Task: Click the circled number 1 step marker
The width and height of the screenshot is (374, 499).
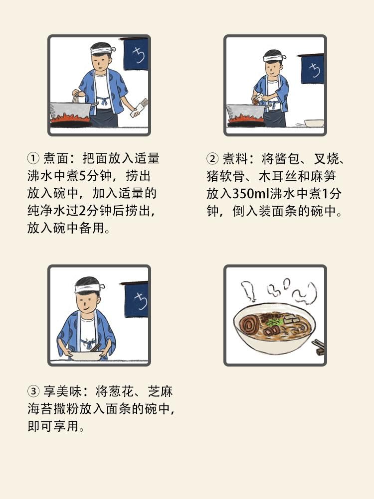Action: [x=33, y=158]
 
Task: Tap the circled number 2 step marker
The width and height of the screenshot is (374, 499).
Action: [x=212, y=158]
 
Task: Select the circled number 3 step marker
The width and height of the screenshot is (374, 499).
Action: [x=33, y=391]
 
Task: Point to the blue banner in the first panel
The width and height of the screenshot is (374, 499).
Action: [x=136, y=54]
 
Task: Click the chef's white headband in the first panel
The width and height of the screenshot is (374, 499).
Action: [x=102, y=50]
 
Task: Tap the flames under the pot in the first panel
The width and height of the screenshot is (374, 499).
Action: [x=71, y=118]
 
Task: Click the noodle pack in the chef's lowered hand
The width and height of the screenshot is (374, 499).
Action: [x=139, y=108]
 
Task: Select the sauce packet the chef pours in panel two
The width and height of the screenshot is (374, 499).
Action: [x=258, y=99]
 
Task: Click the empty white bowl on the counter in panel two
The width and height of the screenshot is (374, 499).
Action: [x=314, y=123]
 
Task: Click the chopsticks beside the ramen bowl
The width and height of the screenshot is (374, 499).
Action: [x=318, y=347]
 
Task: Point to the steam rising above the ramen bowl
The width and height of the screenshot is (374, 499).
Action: [x=279, y=290]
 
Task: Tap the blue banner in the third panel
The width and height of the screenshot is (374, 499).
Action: [x=136, y=299]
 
